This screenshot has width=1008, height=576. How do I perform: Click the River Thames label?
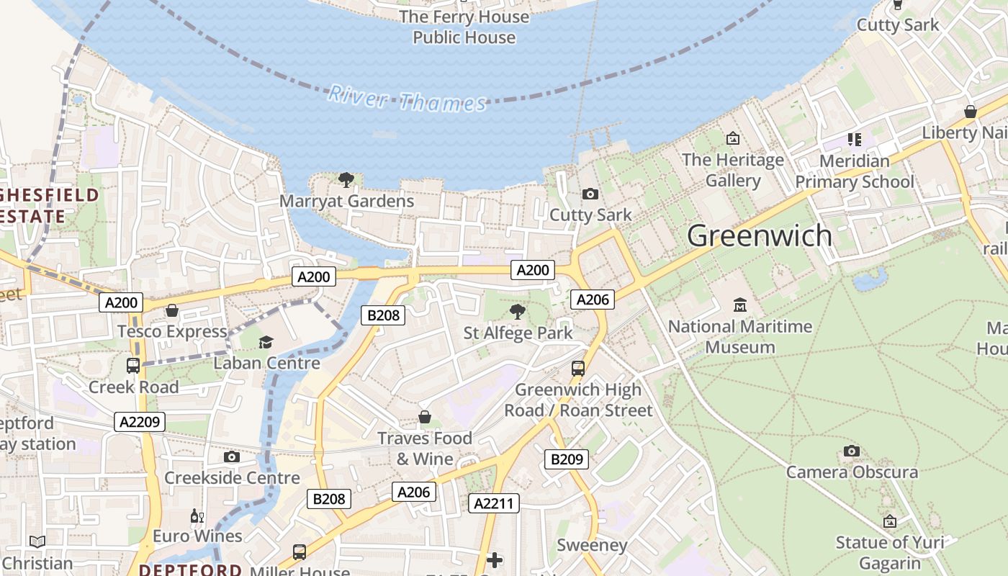pos(407,99)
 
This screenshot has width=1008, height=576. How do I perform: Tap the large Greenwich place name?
pos(759,235)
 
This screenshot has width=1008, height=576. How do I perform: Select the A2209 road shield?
pos(140,422)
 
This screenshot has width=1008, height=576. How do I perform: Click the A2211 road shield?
pos(494,503)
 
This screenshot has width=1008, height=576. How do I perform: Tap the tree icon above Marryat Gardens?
pos(346,179)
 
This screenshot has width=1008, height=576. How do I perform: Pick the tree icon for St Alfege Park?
pos(517,311)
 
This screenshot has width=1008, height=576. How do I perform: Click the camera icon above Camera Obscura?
pos(852,451)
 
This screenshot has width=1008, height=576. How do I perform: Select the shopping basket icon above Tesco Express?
pos(172,310)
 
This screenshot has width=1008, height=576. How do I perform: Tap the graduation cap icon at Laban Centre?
pos(266,341)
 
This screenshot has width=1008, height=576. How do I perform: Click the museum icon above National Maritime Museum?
pos(740,305)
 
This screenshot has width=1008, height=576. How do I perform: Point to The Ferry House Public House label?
pos(464,27)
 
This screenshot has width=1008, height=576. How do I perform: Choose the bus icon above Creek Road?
pos(133,366)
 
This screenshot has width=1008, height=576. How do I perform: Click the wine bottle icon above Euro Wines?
pos(197,516)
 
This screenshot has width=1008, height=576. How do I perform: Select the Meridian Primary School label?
pos(854,171)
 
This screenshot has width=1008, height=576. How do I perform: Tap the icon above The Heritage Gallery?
pos(733,138)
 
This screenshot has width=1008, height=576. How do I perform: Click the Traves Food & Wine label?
pos(425,449)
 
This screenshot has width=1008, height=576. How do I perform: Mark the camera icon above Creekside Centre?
pos(232,456)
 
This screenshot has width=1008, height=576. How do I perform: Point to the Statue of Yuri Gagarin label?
pos(889,552)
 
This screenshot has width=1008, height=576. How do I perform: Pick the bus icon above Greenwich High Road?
pos(577,369)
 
